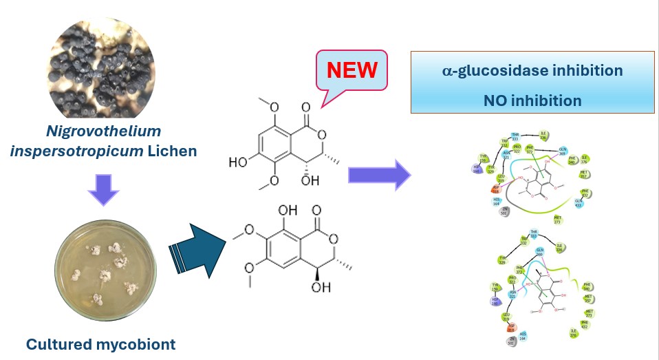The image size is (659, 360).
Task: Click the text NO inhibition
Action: pos(532,100)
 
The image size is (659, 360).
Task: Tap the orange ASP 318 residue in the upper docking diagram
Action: pos(495,187)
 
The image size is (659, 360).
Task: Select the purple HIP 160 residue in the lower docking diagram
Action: pos(495,300)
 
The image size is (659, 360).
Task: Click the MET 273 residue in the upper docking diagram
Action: pos(558,220)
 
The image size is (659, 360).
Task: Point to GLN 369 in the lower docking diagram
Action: pos(540,252)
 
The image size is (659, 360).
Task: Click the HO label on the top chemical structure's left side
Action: pos(239,162)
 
